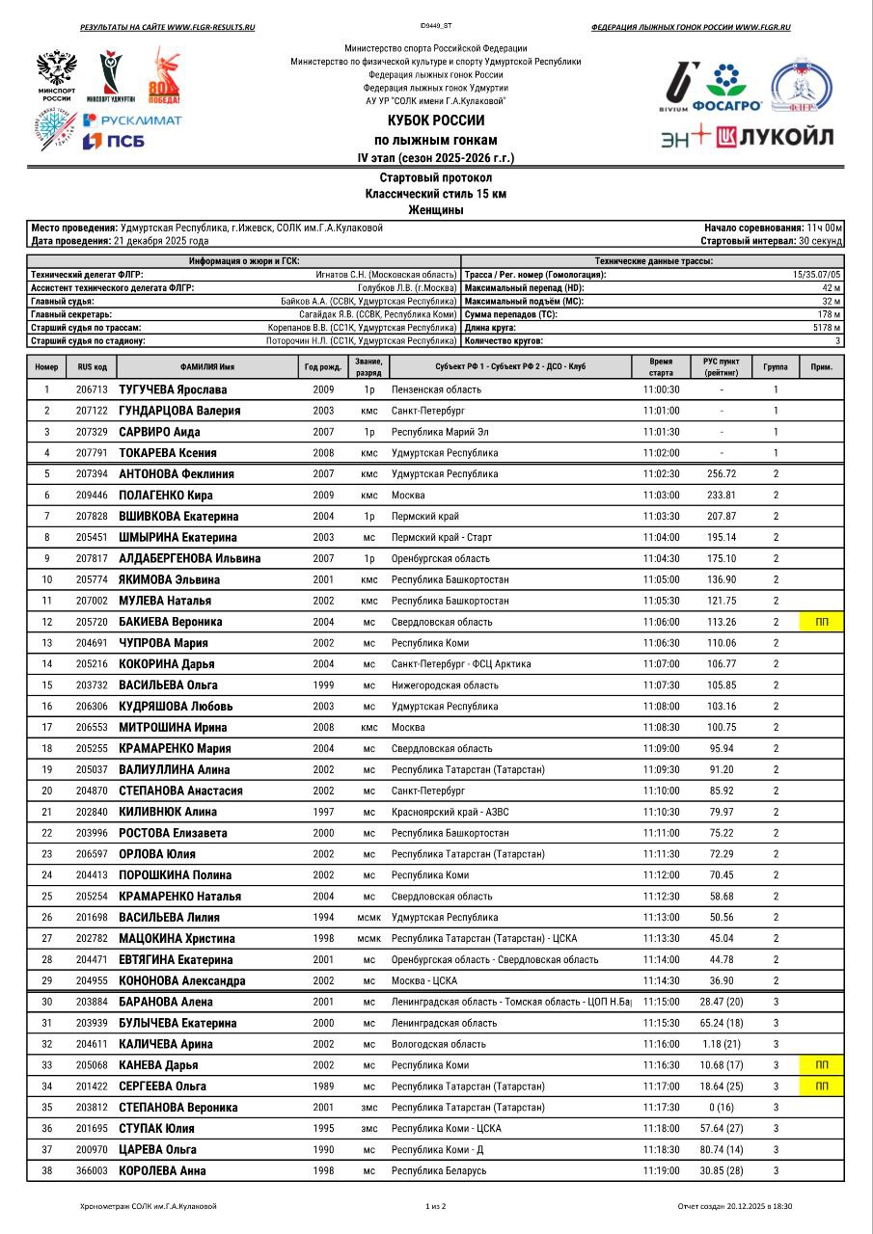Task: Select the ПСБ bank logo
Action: (x=107, y=141)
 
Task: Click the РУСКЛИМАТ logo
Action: (x=131, y=120)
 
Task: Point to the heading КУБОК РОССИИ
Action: (x=436, y=121)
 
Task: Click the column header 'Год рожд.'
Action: (x=323, y=367)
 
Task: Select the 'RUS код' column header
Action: (x=92, y=367)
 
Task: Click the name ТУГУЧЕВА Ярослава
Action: (x=173, y=389)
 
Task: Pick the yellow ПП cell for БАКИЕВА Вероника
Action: (x=822, y=622)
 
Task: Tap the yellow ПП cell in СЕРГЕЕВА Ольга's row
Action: (x=822, y=1086)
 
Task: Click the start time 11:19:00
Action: (x=661, y=1170)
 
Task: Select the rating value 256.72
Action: (x=721, y=474)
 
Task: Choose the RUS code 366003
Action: (x=92, y=1170)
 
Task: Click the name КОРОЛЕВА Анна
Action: (x=162, y=1170)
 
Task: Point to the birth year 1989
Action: (x=323, y=1086)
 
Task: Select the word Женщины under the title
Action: (x=436, y=209)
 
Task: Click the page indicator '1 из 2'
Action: (x=436, y=1206)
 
